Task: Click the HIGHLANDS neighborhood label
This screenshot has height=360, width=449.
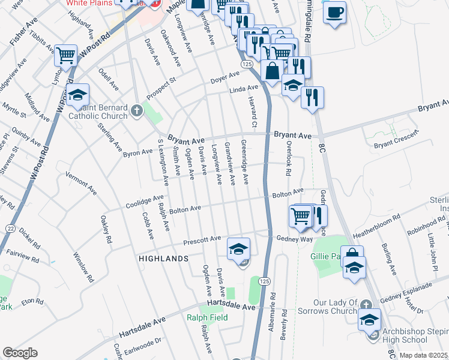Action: pyautogui.click(x=163, y=259)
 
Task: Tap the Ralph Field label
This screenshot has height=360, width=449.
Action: pyautogui.click(x=207, y=317)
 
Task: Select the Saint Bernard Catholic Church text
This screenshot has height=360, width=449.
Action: pyautogui.click(x=98, y=112)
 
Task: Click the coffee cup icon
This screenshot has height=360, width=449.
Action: pyautogui.click(x=334, y=12)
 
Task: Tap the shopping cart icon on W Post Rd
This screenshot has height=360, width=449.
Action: pyautogui.click(x=66, y=56)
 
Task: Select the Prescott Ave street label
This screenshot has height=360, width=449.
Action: pyautogui.click(x=203, y=240)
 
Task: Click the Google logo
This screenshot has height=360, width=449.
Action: pyautogui.click(x=20, y=353)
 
